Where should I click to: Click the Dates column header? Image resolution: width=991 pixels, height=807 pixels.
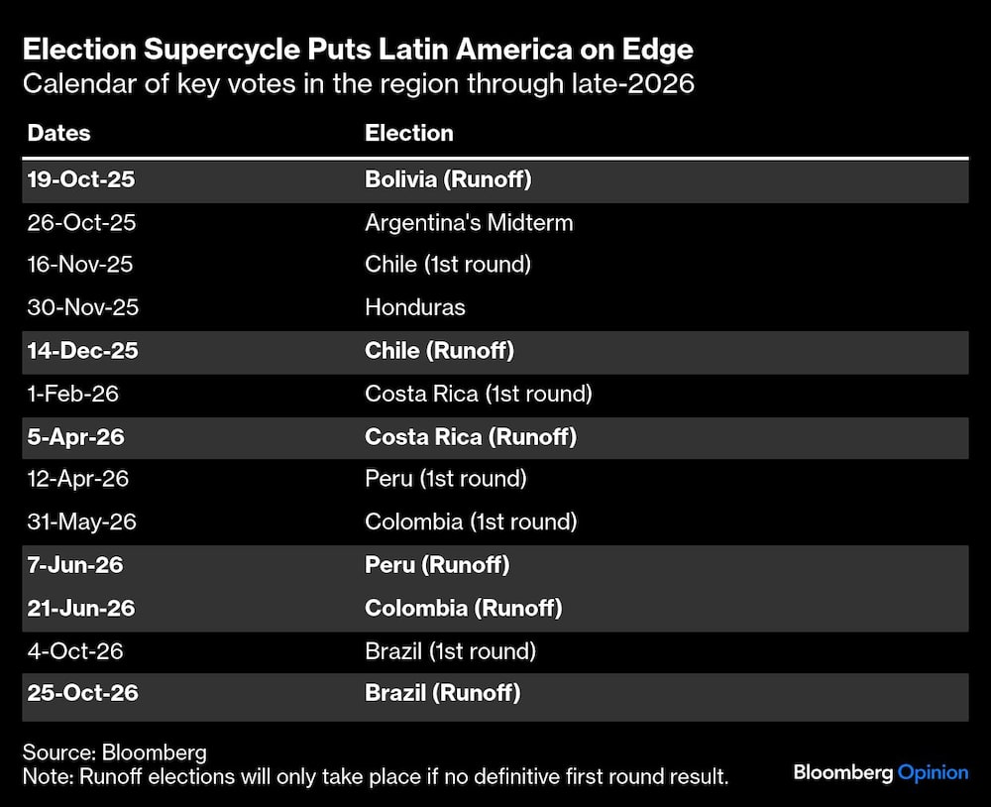click(58, 133)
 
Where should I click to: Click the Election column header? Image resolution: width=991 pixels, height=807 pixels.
click(408, 133)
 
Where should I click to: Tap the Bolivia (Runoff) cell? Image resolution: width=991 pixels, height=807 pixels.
click(449, 179)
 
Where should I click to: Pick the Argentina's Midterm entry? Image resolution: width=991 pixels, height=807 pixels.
click(469, 222)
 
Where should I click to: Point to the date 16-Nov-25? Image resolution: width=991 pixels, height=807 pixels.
click(80, 265)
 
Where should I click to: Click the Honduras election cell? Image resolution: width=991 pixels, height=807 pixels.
click(414, 307)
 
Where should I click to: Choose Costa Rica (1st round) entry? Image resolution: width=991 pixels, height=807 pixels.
click(478, 394)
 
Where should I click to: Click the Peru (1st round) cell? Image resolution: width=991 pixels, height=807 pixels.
click(445, 479)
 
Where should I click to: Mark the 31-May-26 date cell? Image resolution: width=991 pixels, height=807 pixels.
click(81, 521)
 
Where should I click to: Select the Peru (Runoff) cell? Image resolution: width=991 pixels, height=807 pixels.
click(437, 565)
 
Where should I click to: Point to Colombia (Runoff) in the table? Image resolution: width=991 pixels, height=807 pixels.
click(463, 608)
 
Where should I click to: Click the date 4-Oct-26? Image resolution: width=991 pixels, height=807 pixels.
click(75, 650)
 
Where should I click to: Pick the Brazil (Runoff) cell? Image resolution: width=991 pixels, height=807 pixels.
click(442, 693)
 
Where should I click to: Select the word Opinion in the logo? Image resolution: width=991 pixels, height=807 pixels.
click(933, 771)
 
